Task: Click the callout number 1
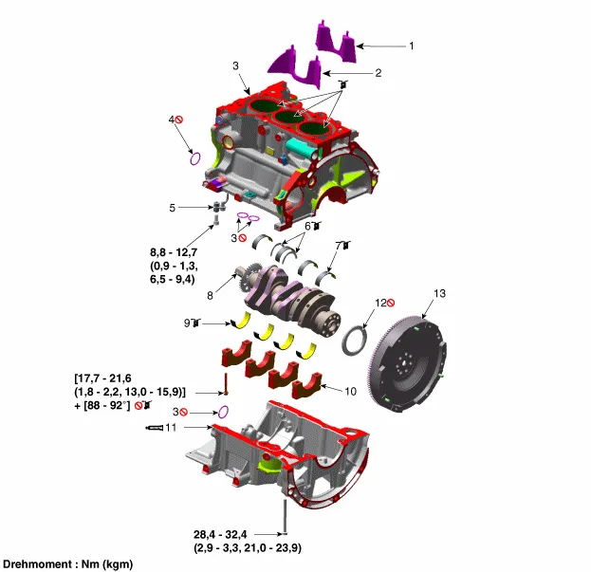pyautogui.click(x=411, y=46)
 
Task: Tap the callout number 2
pyautogui.click(x=378, y=72)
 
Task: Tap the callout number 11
pyautogui.click(x=171, y=428)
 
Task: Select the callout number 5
pyautogui.click(x=173, y=207)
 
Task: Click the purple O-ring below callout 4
pyautogui.click(x=195, y=158)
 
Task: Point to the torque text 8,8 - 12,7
pyautogui.click(x=176, y=252)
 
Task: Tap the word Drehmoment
pyautogui.click(x=41, y=564)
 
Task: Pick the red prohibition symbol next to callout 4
pyautogui.click(x=178, y=120)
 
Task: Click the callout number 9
pyautogui.click(x=187, y=323)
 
